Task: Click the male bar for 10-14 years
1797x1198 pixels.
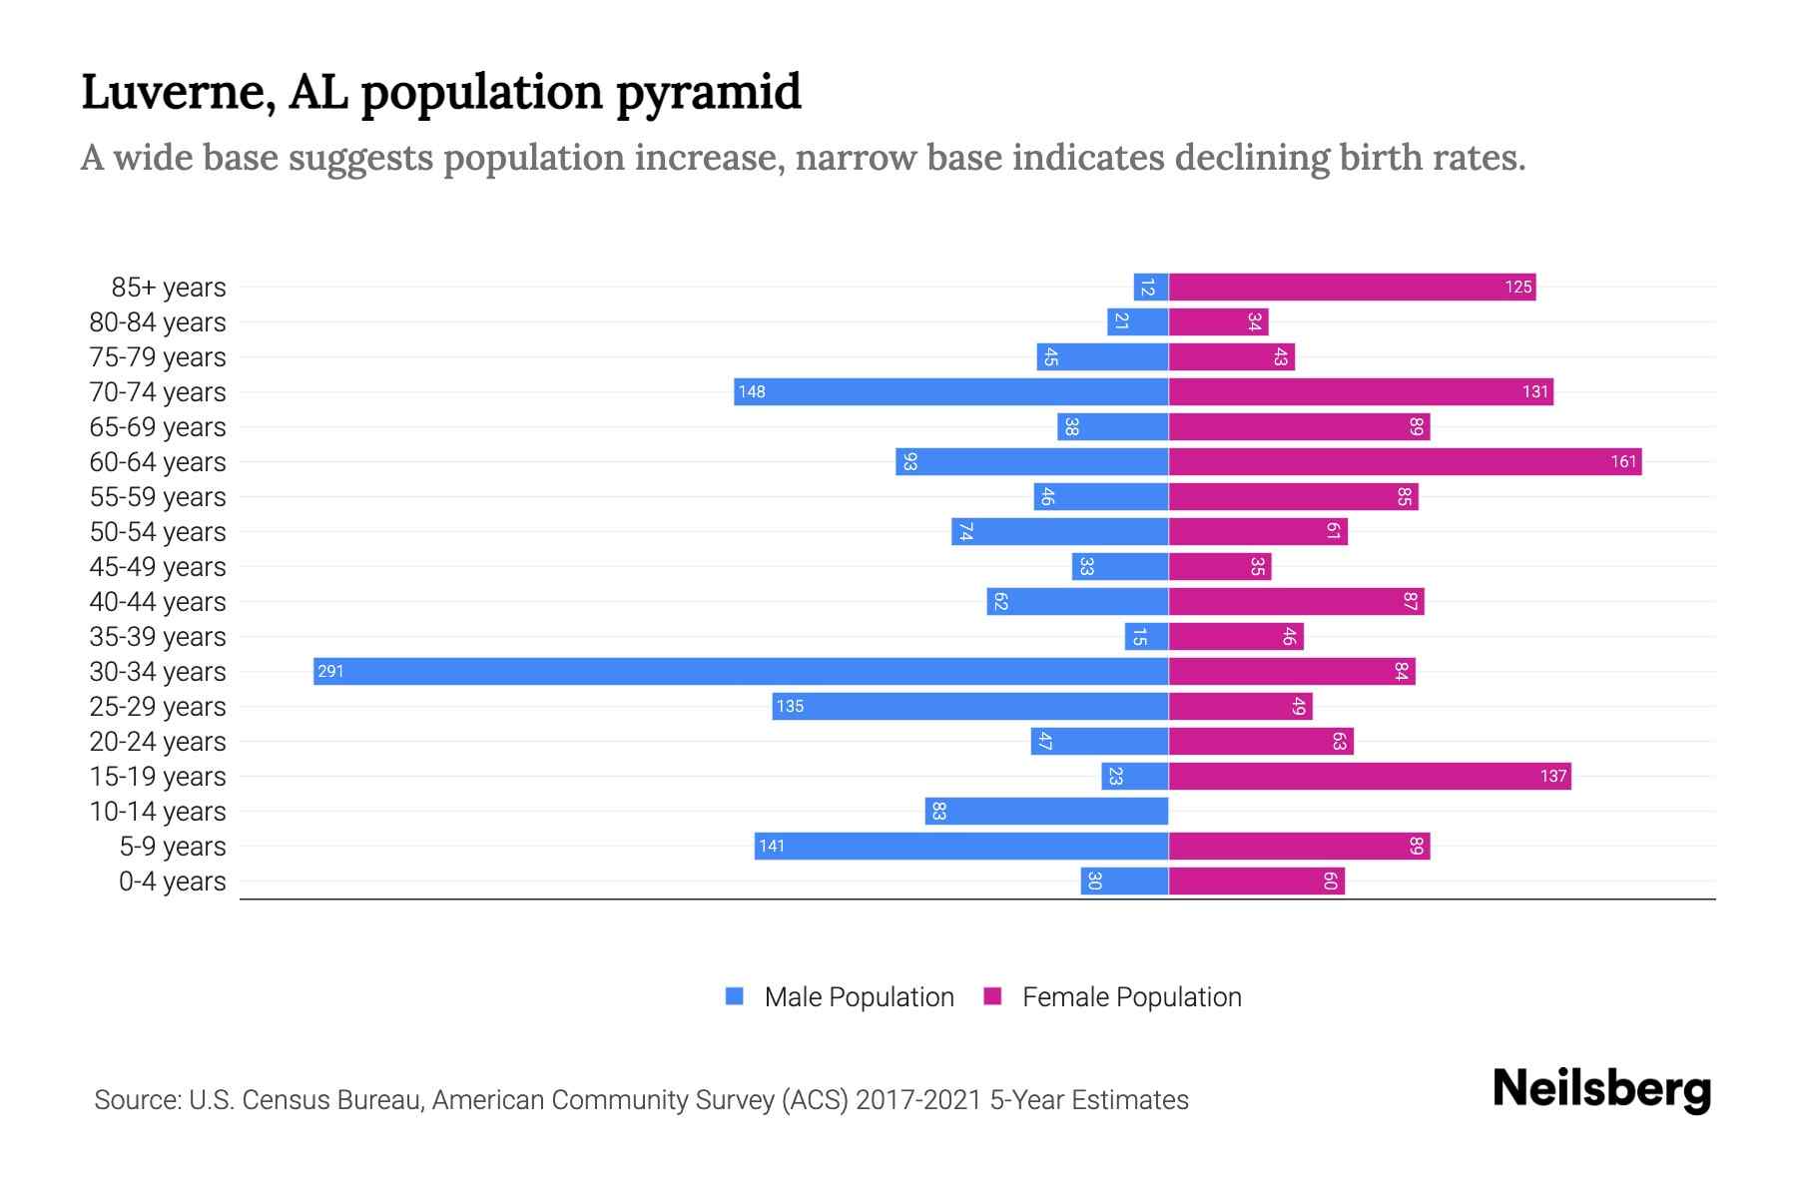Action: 1048,811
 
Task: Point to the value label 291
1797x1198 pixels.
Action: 330,671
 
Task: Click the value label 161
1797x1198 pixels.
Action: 1623,461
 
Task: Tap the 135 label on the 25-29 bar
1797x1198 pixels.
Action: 790,706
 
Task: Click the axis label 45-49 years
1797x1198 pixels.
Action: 158,566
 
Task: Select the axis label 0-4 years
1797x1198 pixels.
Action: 172,881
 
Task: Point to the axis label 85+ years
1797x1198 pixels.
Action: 169,287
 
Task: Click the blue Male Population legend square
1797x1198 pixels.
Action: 735,996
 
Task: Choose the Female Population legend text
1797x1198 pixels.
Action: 1131,996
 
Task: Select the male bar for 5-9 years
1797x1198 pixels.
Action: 960,846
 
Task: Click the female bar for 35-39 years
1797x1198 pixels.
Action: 1236,636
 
